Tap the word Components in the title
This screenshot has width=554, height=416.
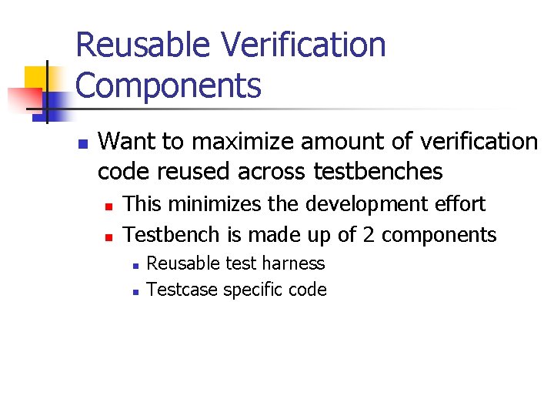[169, 86]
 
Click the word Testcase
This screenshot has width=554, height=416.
[182, 290]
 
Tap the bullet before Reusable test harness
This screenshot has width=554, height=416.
[134, 265]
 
